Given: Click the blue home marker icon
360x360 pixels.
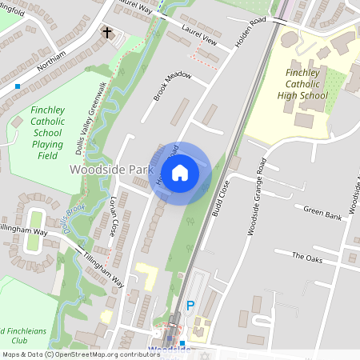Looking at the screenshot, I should point(180,172).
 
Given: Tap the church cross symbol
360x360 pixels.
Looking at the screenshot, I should point(106,33).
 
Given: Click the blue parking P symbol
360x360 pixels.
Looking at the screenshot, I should point(190,305).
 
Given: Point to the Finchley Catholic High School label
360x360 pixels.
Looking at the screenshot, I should point(306,85).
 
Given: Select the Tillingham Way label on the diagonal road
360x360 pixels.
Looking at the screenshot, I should point(104,270).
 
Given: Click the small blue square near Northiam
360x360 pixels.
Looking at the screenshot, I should point(18,85).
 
